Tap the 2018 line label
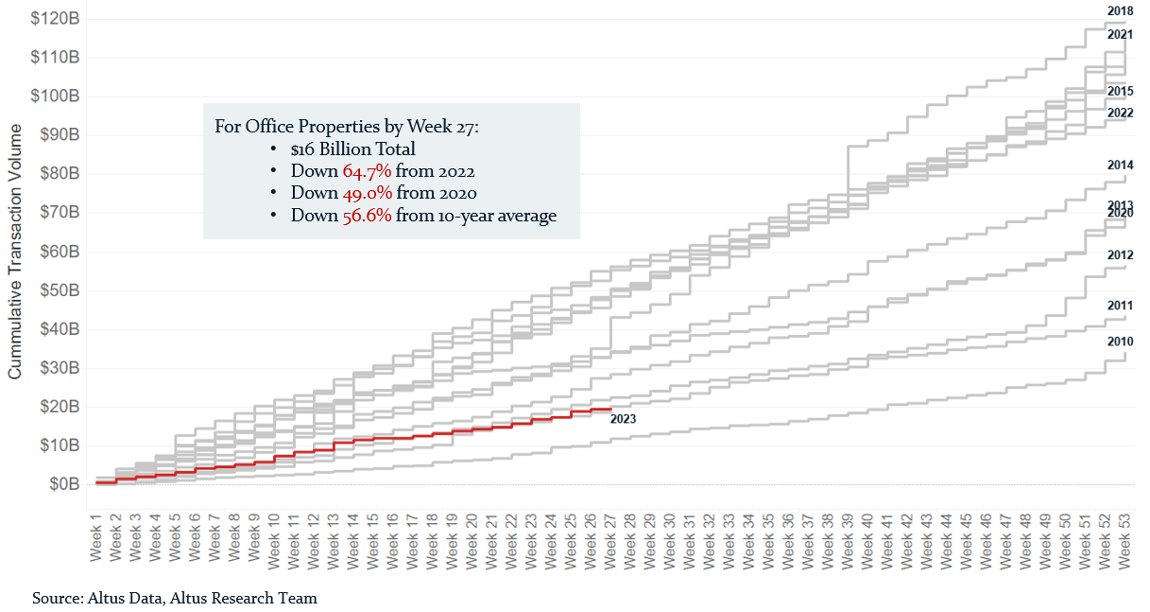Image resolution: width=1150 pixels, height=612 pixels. point(1120,11)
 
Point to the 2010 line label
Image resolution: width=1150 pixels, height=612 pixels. point(1120,341)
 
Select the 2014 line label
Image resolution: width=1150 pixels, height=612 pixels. point(1120,166)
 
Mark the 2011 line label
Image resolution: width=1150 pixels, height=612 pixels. point(1120,306)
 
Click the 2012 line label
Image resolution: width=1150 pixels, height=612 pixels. point(1120,255)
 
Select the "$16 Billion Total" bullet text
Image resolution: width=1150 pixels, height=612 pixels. point(353,149)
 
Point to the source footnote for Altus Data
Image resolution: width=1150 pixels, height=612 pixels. point(175,598)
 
